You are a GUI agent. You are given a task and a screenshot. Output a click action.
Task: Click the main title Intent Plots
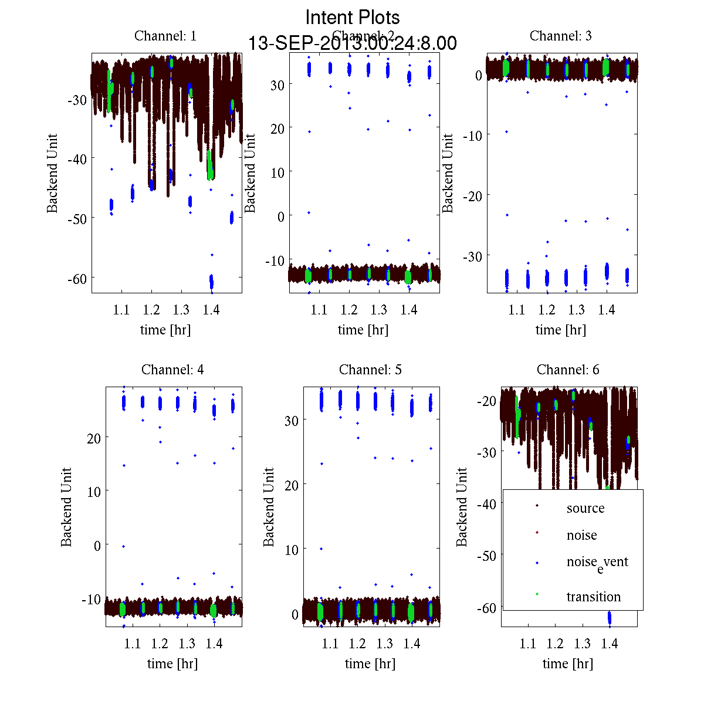tap(353, 18)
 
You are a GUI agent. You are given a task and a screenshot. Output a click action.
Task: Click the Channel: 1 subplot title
tap(165, 36)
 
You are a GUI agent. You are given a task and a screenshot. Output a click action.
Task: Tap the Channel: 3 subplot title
tap(560, 36)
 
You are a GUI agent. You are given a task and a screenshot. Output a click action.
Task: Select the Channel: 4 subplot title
tap(172, 370)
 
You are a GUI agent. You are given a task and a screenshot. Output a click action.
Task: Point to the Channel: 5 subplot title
tap(370, 370)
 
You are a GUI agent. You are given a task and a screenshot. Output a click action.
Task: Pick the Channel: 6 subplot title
tap(568, 370)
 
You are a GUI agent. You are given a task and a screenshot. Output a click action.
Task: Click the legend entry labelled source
tap(585, 508)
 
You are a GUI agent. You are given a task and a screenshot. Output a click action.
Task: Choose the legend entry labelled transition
tap(593, 597)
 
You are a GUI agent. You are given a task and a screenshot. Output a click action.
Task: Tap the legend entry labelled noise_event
tap(597, 563)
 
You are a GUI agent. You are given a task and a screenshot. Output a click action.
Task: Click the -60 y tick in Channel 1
tap(77, 277)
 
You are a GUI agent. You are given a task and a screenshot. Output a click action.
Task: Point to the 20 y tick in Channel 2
tap(277, 128)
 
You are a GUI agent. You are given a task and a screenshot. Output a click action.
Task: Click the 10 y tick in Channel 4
tap(93, 491)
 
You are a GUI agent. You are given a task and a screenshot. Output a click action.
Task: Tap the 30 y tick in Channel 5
tap(291, 421)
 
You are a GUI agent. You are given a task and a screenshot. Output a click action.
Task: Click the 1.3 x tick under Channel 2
tap(379, 310)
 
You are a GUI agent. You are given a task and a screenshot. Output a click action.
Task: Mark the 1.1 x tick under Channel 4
tap(133, 644)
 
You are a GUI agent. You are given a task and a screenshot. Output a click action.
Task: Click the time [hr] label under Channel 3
tap(560, 330)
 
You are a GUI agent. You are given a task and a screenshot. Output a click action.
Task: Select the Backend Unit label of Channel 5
tap(269, 507)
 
